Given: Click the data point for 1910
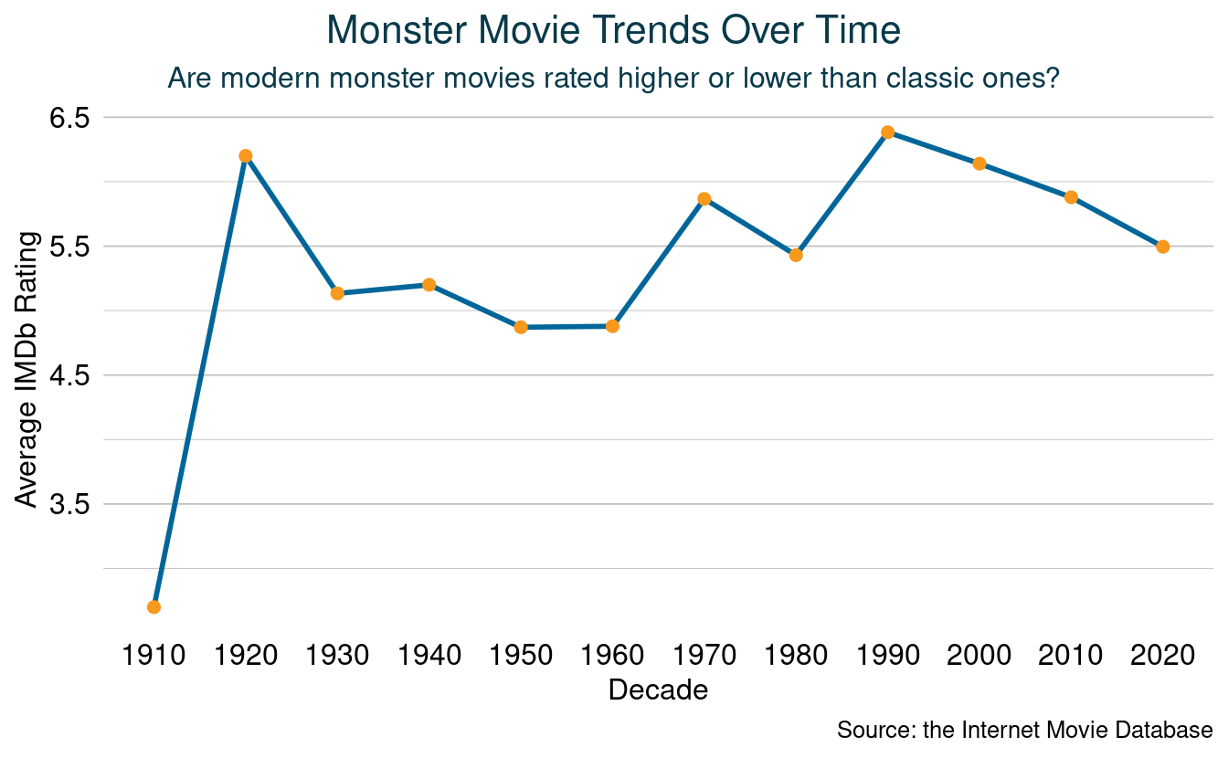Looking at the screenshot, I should point(153,607).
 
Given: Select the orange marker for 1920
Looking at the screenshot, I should point(245,156).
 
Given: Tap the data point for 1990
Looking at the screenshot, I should point(887,132).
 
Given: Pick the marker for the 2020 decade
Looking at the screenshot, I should point(1162,247).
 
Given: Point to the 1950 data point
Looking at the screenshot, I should point(521,327).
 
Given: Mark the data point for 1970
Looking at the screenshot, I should point(704,199).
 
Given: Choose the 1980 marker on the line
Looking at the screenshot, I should point(796,255).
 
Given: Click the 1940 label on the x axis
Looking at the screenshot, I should point(429,655).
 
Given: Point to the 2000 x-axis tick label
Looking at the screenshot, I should point(979,655).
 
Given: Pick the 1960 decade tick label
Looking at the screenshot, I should point(612,655).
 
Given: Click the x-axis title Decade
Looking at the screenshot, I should point(658,690).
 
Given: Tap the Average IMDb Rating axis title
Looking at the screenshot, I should point(27,370).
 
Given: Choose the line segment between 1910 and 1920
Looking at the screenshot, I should point(199,382).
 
